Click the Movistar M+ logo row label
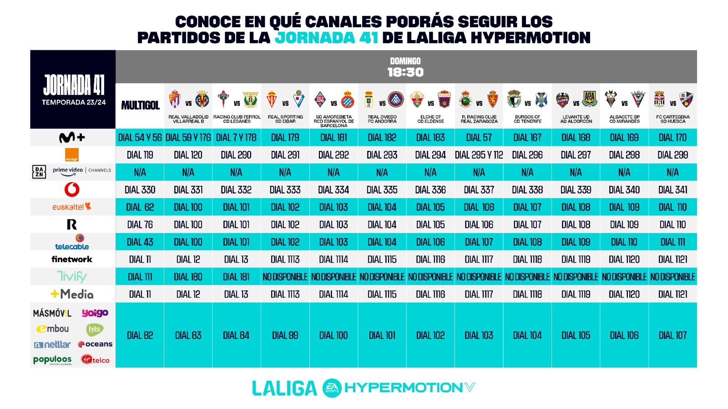pos(72,137)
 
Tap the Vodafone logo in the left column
pos(72,190)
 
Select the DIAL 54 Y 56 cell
pos(140,138)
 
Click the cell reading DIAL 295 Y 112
pos(479,155)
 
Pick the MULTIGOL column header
pos(140,105)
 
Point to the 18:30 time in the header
pos(405,72)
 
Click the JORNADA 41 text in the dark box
pos(73,84)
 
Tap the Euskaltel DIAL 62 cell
pos(140,207)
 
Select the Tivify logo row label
pos(72,276)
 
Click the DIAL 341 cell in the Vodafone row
pos(672,190)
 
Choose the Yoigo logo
pos(95,313)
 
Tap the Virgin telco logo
pos(95,359)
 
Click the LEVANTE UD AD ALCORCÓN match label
pos(576,119)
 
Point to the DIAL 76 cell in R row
pos(140,224)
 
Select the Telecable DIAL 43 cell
pos(140,242)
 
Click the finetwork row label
pos(72,259)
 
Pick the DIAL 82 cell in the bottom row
pos(140,335)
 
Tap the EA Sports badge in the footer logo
pos(332,388)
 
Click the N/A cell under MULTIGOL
pos(140,172)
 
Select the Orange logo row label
pos(72,155)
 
